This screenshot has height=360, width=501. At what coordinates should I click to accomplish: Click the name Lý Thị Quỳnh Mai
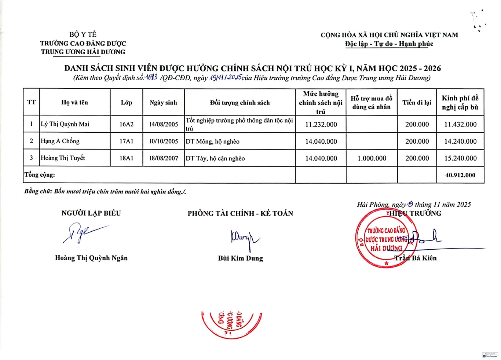(65, 124)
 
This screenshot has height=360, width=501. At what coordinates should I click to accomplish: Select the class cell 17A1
(126, 141)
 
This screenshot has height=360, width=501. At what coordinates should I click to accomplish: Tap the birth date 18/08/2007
(164, 158)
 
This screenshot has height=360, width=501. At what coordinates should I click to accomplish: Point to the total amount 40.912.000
(460, 175)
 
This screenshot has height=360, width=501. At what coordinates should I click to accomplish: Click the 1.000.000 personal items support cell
(372, 158)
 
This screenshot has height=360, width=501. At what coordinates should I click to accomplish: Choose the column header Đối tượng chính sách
(240, 103)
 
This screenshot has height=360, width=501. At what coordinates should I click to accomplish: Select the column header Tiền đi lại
(417, 103)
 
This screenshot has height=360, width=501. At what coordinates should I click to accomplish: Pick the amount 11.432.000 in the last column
(460, 124)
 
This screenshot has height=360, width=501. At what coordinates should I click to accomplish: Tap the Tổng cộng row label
(40, 175)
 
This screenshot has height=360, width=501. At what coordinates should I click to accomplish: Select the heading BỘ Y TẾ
(83, 34)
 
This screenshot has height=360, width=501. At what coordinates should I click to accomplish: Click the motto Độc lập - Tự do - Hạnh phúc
(389, 44)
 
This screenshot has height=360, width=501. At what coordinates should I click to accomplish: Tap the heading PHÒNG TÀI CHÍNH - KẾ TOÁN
(240, 213)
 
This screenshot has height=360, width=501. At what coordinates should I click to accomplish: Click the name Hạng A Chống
(60, 141)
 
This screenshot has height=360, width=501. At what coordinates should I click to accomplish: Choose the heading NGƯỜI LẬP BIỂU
(91, 213)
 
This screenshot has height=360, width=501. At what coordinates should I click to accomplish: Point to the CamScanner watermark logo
(490, 355)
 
